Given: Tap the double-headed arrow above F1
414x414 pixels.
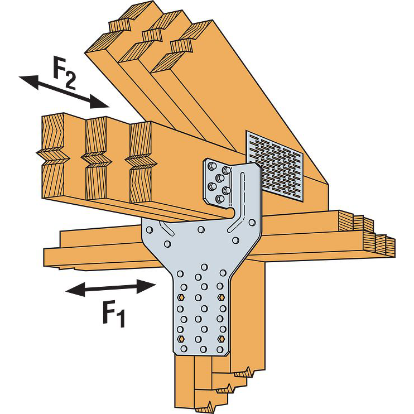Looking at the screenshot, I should [x=110, y=288].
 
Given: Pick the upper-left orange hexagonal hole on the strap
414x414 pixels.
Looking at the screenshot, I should [x=180, y=296].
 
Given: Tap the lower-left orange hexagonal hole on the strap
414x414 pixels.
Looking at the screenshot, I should [x=180, y=339].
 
